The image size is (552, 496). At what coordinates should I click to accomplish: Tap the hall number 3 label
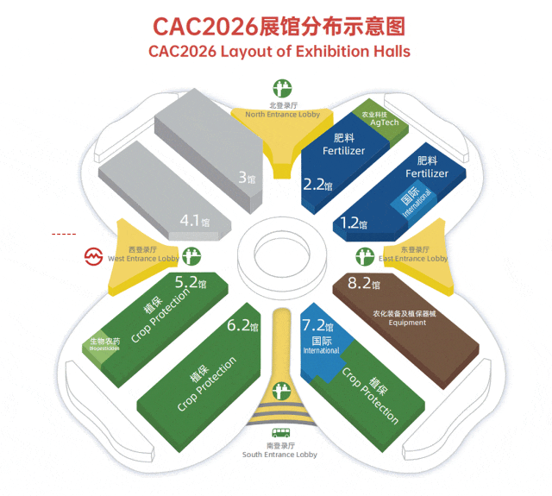[x=246, y=179]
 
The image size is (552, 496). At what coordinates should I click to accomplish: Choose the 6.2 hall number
[x=242, y=326]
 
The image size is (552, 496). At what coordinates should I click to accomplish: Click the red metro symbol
[x=93, y=257]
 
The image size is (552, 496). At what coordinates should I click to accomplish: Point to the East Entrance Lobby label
[x=413, y=258]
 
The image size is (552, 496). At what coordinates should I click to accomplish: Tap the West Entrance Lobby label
[x=144, y=258]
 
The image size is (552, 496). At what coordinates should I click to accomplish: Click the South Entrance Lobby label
[x=279, y=455]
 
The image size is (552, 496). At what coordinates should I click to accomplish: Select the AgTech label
[x=385, y=122]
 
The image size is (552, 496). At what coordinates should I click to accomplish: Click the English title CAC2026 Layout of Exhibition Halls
[x=279, y=50]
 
